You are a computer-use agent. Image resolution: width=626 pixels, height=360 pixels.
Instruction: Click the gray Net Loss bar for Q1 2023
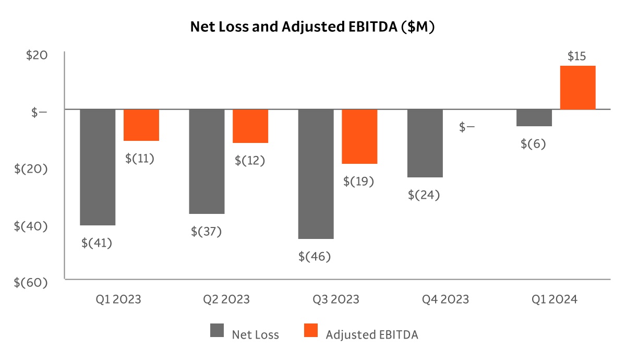[98, 167]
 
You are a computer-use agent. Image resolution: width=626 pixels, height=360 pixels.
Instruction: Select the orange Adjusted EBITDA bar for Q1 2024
[577, 88]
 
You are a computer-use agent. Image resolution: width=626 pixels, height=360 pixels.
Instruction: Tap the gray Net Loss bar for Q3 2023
[316, 174]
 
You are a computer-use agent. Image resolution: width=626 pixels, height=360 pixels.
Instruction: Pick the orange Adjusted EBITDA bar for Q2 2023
[250, 126]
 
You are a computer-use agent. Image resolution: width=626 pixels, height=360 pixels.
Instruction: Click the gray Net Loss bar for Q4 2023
[425, 143]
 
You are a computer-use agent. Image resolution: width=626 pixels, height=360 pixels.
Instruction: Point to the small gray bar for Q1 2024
[534, 118]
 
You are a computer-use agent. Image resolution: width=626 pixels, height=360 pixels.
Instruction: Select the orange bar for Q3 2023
[359, 136]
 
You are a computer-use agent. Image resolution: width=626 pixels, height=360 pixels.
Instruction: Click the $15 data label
[577, 56]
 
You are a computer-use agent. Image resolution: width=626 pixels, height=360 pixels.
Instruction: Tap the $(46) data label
[315, 257]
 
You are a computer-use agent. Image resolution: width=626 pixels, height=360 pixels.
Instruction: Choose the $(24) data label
[424, 195]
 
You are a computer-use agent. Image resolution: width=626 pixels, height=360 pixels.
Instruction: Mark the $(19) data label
[358, 182]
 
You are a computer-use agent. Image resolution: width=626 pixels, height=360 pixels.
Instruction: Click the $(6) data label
[533, 144]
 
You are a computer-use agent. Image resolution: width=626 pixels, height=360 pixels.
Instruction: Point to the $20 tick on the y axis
[37, 56]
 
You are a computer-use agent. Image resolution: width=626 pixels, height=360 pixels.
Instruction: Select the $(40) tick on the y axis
[31, 226]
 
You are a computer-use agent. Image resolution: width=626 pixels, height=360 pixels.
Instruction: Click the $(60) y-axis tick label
[31, 282]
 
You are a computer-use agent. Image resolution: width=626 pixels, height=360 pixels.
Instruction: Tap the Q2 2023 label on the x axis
[226, 299]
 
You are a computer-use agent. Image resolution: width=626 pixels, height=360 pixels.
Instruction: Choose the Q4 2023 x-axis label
[446, 299]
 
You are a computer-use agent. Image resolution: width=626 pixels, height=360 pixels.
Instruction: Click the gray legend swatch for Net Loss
[217, 331]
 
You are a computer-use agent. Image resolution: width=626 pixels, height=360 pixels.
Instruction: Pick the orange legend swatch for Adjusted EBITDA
[311, 331]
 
